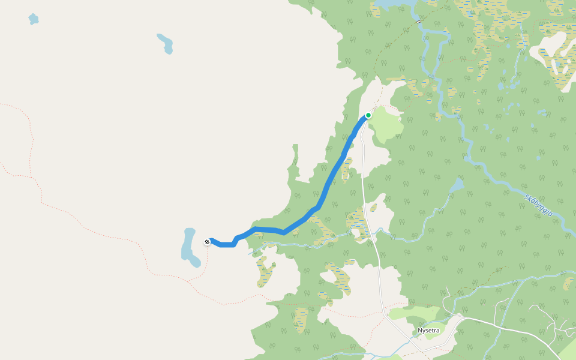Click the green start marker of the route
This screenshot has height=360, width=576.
(x=368, y=115)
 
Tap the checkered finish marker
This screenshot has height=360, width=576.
(x=207, y=242)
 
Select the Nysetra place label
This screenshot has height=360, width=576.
(x=428, y=331)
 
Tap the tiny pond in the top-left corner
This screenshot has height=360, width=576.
(x=33, y=19)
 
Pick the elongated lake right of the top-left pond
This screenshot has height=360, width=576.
(x=165, y=43)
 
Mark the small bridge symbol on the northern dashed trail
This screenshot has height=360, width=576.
(x=418, y=21)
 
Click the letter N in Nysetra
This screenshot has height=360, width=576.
(x=420, y=331)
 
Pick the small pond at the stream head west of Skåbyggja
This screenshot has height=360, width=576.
(x=457, y=184)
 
